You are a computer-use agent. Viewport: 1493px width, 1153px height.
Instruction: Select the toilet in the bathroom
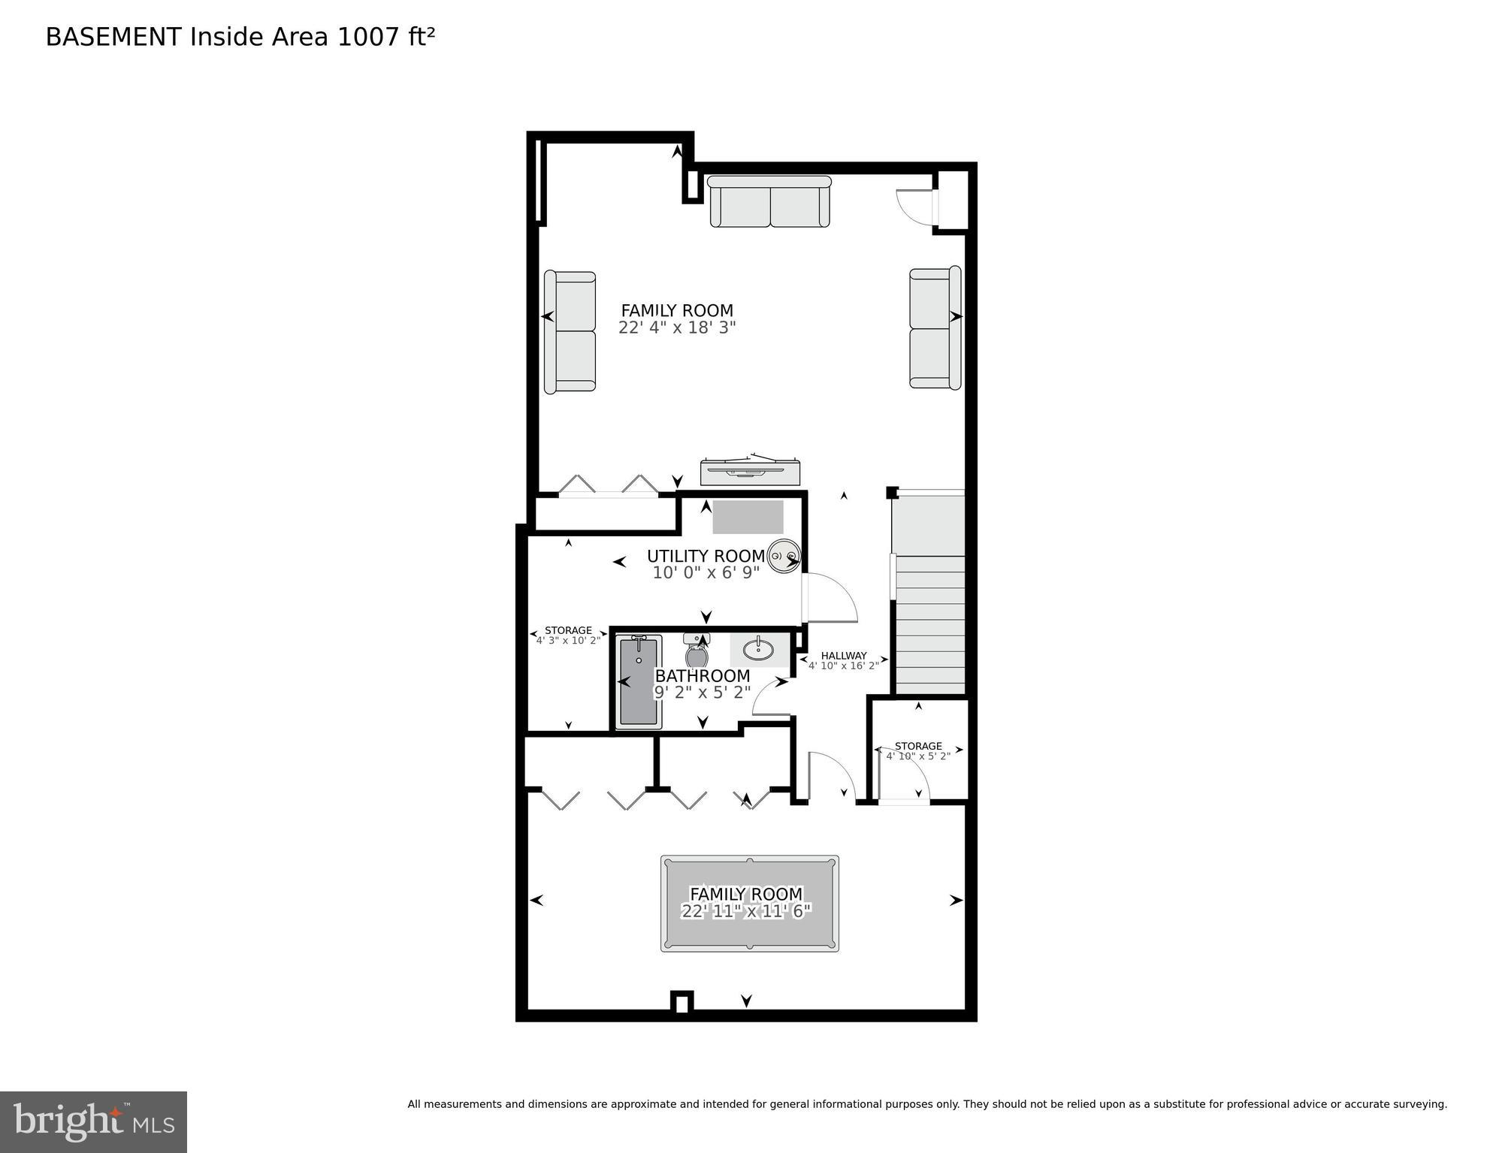[697, 652]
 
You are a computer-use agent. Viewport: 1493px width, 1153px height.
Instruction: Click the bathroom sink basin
[760, 649]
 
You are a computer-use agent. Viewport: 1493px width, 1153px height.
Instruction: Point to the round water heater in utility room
[784, 557]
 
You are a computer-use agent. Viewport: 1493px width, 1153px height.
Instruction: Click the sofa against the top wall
[769, 202]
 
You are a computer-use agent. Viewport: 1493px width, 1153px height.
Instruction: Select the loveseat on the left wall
[570, 332]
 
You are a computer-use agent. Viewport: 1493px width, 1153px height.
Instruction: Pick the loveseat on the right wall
[935, 327]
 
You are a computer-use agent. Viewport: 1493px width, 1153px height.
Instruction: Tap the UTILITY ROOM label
[706, 556]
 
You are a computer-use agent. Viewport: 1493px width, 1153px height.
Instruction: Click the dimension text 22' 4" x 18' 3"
[676, 328]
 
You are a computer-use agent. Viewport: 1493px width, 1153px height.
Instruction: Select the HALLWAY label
[843, 656]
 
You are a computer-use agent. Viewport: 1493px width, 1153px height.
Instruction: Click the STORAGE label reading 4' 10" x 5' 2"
[917, 746]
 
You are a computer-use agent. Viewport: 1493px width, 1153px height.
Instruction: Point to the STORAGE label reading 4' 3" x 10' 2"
[568, 631]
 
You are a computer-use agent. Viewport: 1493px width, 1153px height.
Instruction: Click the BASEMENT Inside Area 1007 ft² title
[240, 37]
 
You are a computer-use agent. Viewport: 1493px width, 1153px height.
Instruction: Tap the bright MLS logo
[93, 1121]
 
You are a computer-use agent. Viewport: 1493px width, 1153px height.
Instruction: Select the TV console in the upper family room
[749, 472]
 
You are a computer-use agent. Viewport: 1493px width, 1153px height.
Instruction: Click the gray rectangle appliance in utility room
[748, 517]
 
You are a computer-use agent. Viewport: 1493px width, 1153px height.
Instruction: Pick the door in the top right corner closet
[914, 204]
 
